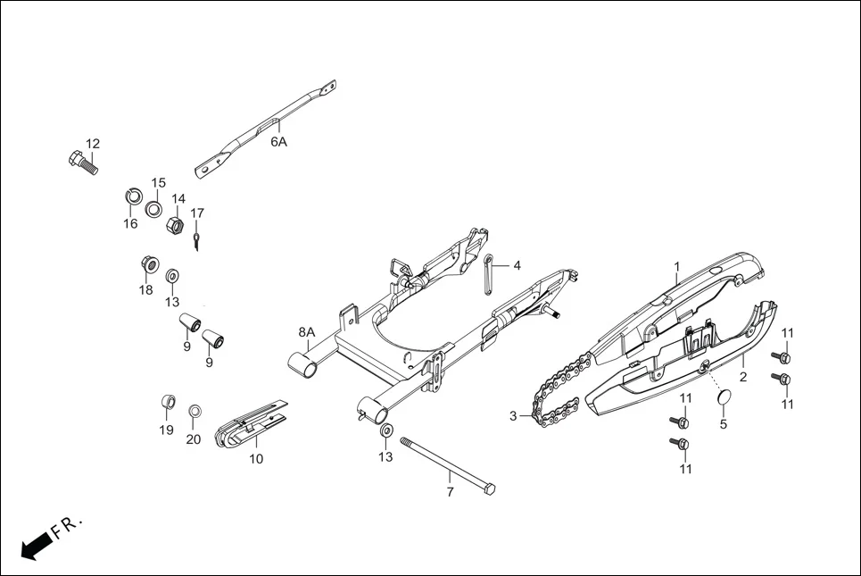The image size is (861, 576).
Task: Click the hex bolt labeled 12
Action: [x=81, y=163]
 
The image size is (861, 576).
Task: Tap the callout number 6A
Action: [x=279, y=142]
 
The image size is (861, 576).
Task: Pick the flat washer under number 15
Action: [x=154, y=209]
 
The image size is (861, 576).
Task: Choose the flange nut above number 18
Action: [x=150, y=265]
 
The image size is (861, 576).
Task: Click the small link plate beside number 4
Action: [x=489, y=272]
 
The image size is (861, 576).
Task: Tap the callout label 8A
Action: [x=306, y=332]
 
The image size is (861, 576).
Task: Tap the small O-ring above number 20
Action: [x=195, y=411]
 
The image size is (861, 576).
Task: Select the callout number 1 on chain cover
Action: [x=676, y=266]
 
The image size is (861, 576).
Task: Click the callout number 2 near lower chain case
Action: [x=743, y=378]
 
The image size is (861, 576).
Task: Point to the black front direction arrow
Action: [x=34, y=545]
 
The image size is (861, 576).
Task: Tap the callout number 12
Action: [x=93, y=144]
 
